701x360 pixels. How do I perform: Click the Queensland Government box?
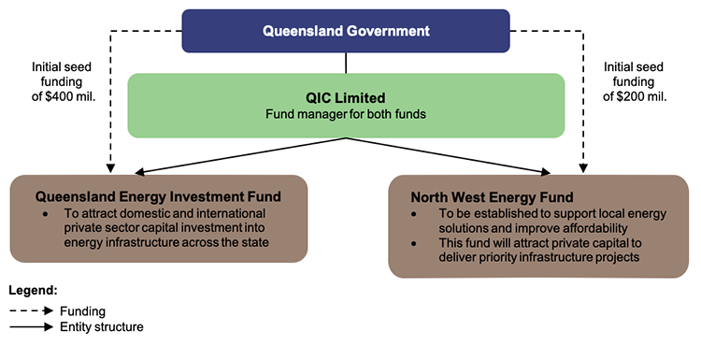[x=346, y=31]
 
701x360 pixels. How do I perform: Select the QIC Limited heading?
[x=346, y=98]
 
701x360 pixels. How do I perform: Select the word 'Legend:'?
[x=34, y=292]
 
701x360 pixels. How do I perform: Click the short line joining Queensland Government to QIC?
[x=347, y=63]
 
